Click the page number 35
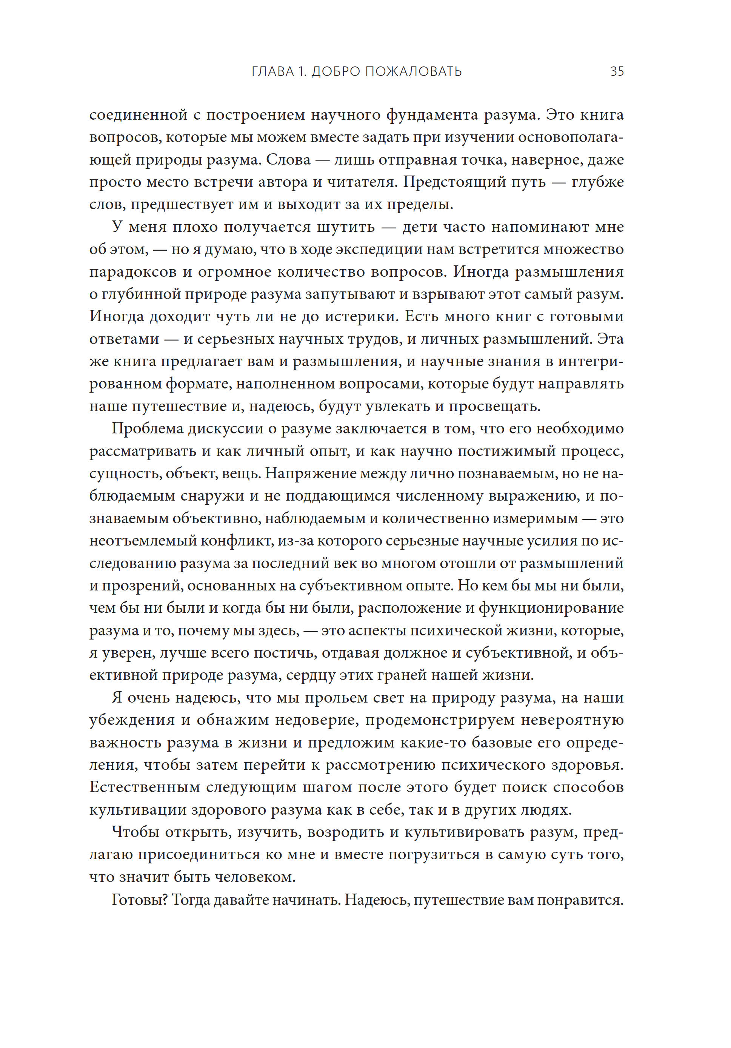[617, 72]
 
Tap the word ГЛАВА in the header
[273, 72]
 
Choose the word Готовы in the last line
[138, 900]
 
